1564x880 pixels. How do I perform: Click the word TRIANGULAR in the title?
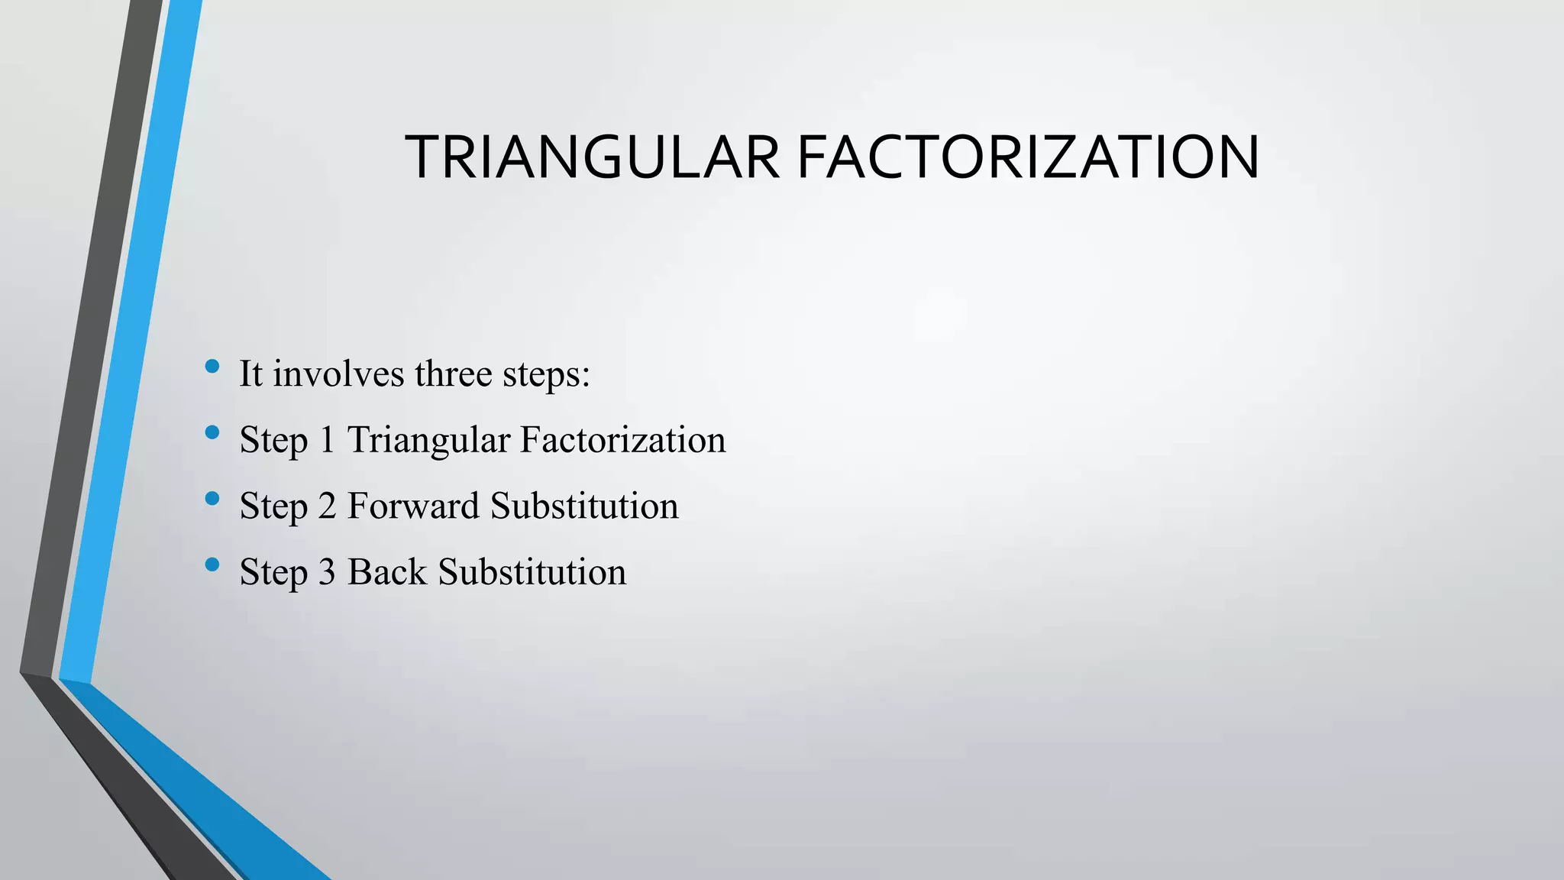point(592,157)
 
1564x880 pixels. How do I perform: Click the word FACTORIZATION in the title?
point(1027,157)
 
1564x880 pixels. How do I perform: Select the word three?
point(453,374)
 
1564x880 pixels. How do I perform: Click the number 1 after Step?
point(327,440)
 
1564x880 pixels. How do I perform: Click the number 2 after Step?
point(327,506)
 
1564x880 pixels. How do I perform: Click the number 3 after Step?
point(327,572)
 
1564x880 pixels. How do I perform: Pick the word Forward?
point(413,506)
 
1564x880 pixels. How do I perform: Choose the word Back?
point(386,572)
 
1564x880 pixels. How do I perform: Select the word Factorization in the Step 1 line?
point(622,440)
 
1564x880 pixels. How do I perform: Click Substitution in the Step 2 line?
point(584,506)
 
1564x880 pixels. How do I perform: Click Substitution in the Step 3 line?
point(532,572)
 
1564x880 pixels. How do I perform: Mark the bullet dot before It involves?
point(212,367)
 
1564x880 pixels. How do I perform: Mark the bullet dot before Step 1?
point(212,433)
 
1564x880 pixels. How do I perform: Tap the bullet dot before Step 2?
point(212,499)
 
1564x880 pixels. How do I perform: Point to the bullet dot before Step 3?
point(212,565)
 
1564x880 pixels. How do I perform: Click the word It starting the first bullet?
point(250,374)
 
